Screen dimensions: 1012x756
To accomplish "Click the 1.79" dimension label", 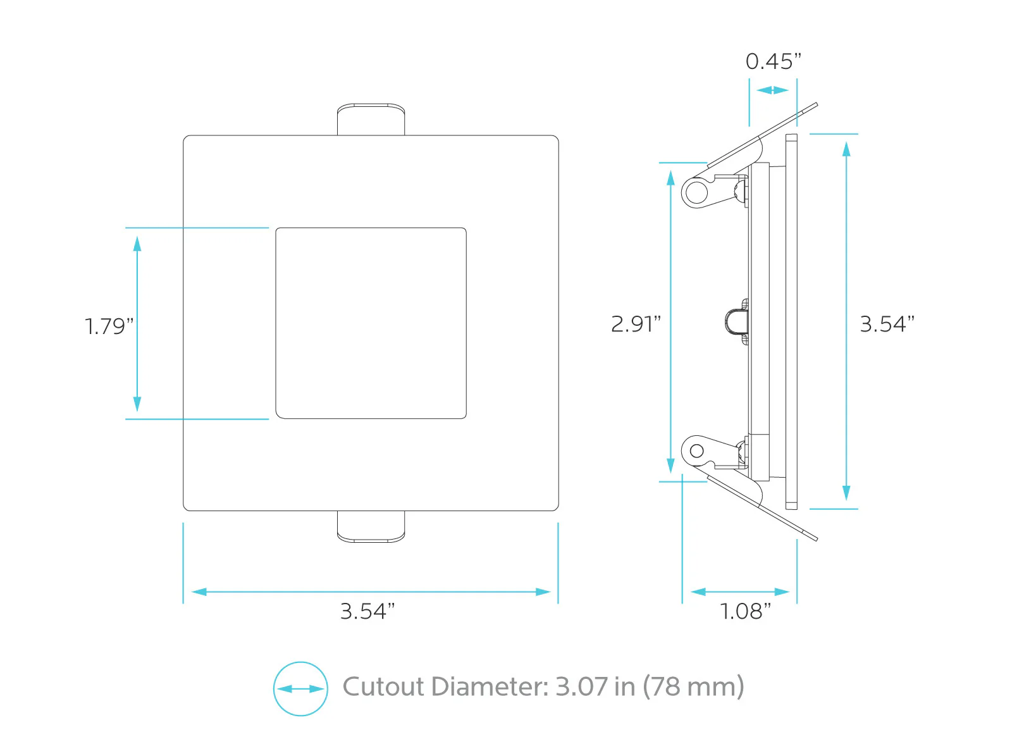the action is [x=109, y=326].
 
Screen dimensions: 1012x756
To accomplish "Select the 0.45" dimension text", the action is [x=774, y=61].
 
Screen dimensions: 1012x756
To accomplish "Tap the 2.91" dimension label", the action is [x=636, y=324].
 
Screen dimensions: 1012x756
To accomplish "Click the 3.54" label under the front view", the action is [x=367, y=611].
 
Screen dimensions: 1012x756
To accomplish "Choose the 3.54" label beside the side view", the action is [x=887, y=324].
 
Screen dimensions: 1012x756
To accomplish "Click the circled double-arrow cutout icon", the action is [x=300, y=689].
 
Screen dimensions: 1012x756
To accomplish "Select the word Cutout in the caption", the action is [x=383, y=686].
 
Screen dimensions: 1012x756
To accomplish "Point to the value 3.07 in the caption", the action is [x=582, y=686].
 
